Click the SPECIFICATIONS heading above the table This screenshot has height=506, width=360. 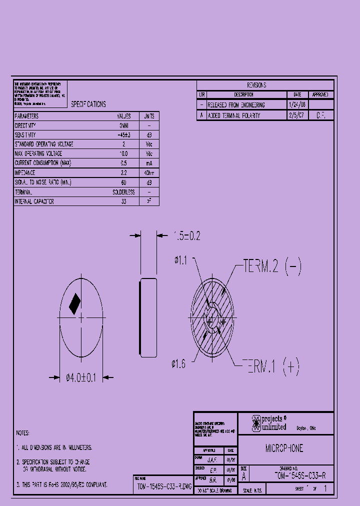coord(88,104)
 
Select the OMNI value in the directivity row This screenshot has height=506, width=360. coord(123,125)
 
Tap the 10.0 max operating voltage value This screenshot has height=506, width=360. coord(123,153)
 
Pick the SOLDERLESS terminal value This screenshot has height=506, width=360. coord(123,192)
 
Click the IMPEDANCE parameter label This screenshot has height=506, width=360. coord(25,172)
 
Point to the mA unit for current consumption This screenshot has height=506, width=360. coord(149,163)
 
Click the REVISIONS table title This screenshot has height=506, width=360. coord(256,85)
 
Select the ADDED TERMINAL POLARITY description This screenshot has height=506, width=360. coord(234,115)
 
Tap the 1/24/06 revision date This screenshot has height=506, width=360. coord(297,105)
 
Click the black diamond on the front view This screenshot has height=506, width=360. coord(74,303)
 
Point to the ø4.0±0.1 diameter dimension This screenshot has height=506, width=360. coord(81,378)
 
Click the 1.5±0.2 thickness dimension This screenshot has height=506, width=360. coord(186,236)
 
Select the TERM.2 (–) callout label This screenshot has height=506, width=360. coord(272,266)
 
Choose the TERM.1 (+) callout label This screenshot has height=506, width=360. coord(270,367)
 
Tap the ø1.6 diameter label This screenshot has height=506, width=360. coord(178,364)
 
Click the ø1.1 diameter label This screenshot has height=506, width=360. coord(180,259)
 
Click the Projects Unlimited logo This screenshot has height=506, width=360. coord(268,423)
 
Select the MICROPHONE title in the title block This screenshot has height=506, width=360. coord(284,448)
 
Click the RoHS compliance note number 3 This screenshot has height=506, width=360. coord(62,484)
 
